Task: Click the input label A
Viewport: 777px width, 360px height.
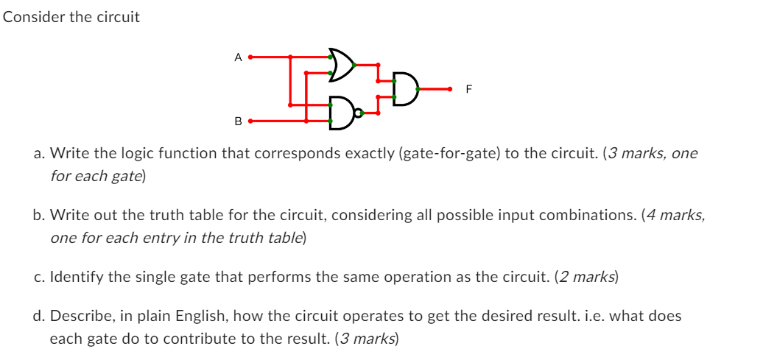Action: coord(237,56)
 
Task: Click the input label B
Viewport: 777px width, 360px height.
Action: coord(237,121)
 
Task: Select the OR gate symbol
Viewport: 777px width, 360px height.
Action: coord(341,65)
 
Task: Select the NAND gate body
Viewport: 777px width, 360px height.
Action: coord(340,113)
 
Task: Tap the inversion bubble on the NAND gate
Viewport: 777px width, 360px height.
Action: coord(358,113)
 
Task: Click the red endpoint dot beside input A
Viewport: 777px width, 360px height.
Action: coord(250,56)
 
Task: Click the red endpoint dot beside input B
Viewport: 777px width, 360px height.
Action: coord(250,121)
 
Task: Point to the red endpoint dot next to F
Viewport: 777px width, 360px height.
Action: coord(450,89)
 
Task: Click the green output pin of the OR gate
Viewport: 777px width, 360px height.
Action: coord(354,65)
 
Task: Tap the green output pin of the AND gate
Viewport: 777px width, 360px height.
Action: coord(418,89)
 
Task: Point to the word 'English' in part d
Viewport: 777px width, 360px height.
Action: coord(213,316)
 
